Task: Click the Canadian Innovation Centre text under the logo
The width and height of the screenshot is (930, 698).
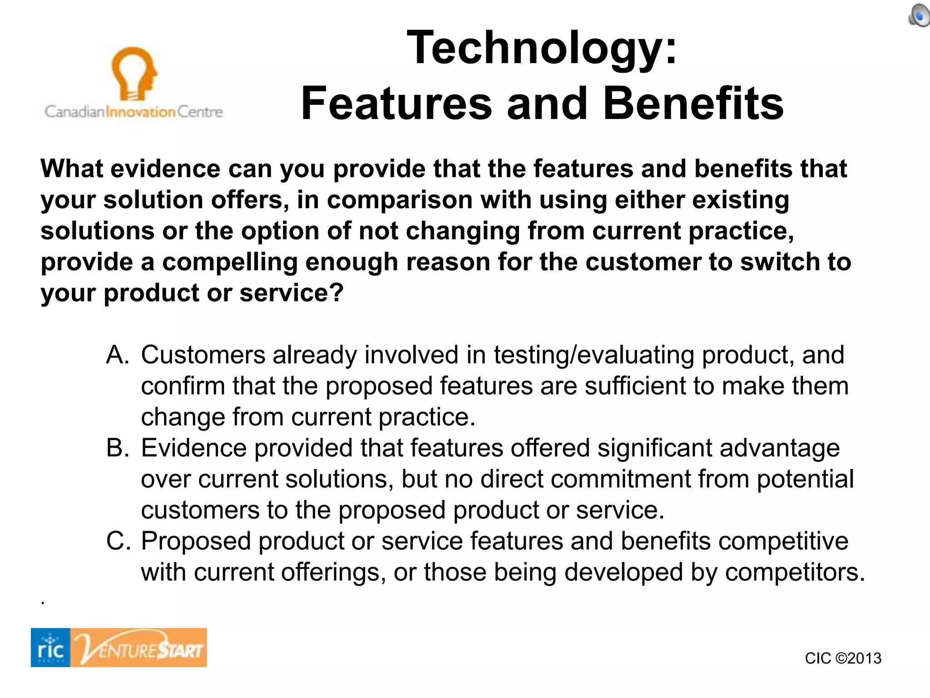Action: (x=134, y=112)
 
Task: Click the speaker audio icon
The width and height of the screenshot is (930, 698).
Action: (x=918, y=16)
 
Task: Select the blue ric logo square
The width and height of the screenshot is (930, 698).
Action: (x=50, y=648)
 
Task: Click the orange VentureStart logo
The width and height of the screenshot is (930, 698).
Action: (x=139, y=648)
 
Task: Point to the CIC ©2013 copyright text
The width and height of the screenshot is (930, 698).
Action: (x=843, y=658)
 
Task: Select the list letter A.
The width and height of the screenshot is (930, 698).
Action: (x=118, y=355)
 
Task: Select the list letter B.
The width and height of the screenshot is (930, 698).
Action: (x=118, y=448)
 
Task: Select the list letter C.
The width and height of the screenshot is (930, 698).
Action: (x=118, y=541)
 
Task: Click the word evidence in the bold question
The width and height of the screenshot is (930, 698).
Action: (x=165, y=169)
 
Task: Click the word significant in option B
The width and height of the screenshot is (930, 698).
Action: (x=654, y=448)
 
